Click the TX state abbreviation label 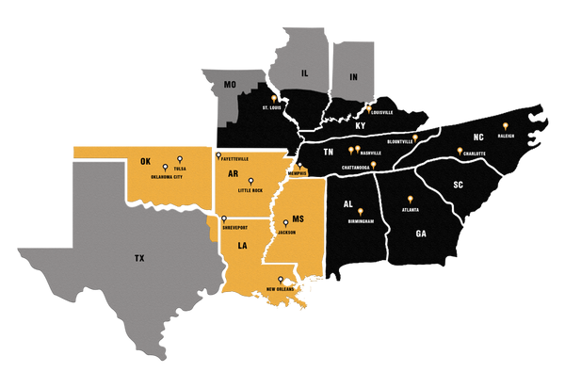pos(140,256)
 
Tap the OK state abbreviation pos(145,161)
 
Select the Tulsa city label pos(180,170)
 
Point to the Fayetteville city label pos(234,158)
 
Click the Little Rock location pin pos(250,181)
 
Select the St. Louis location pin pos(274,99)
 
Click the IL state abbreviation pos(304,71)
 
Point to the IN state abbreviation pos(354,76)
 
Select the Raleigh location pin pos(506,126)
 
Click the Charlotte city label pos(473,153)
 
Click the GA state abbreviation pos(420,233)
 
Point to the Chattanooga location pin pos(373,165)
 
